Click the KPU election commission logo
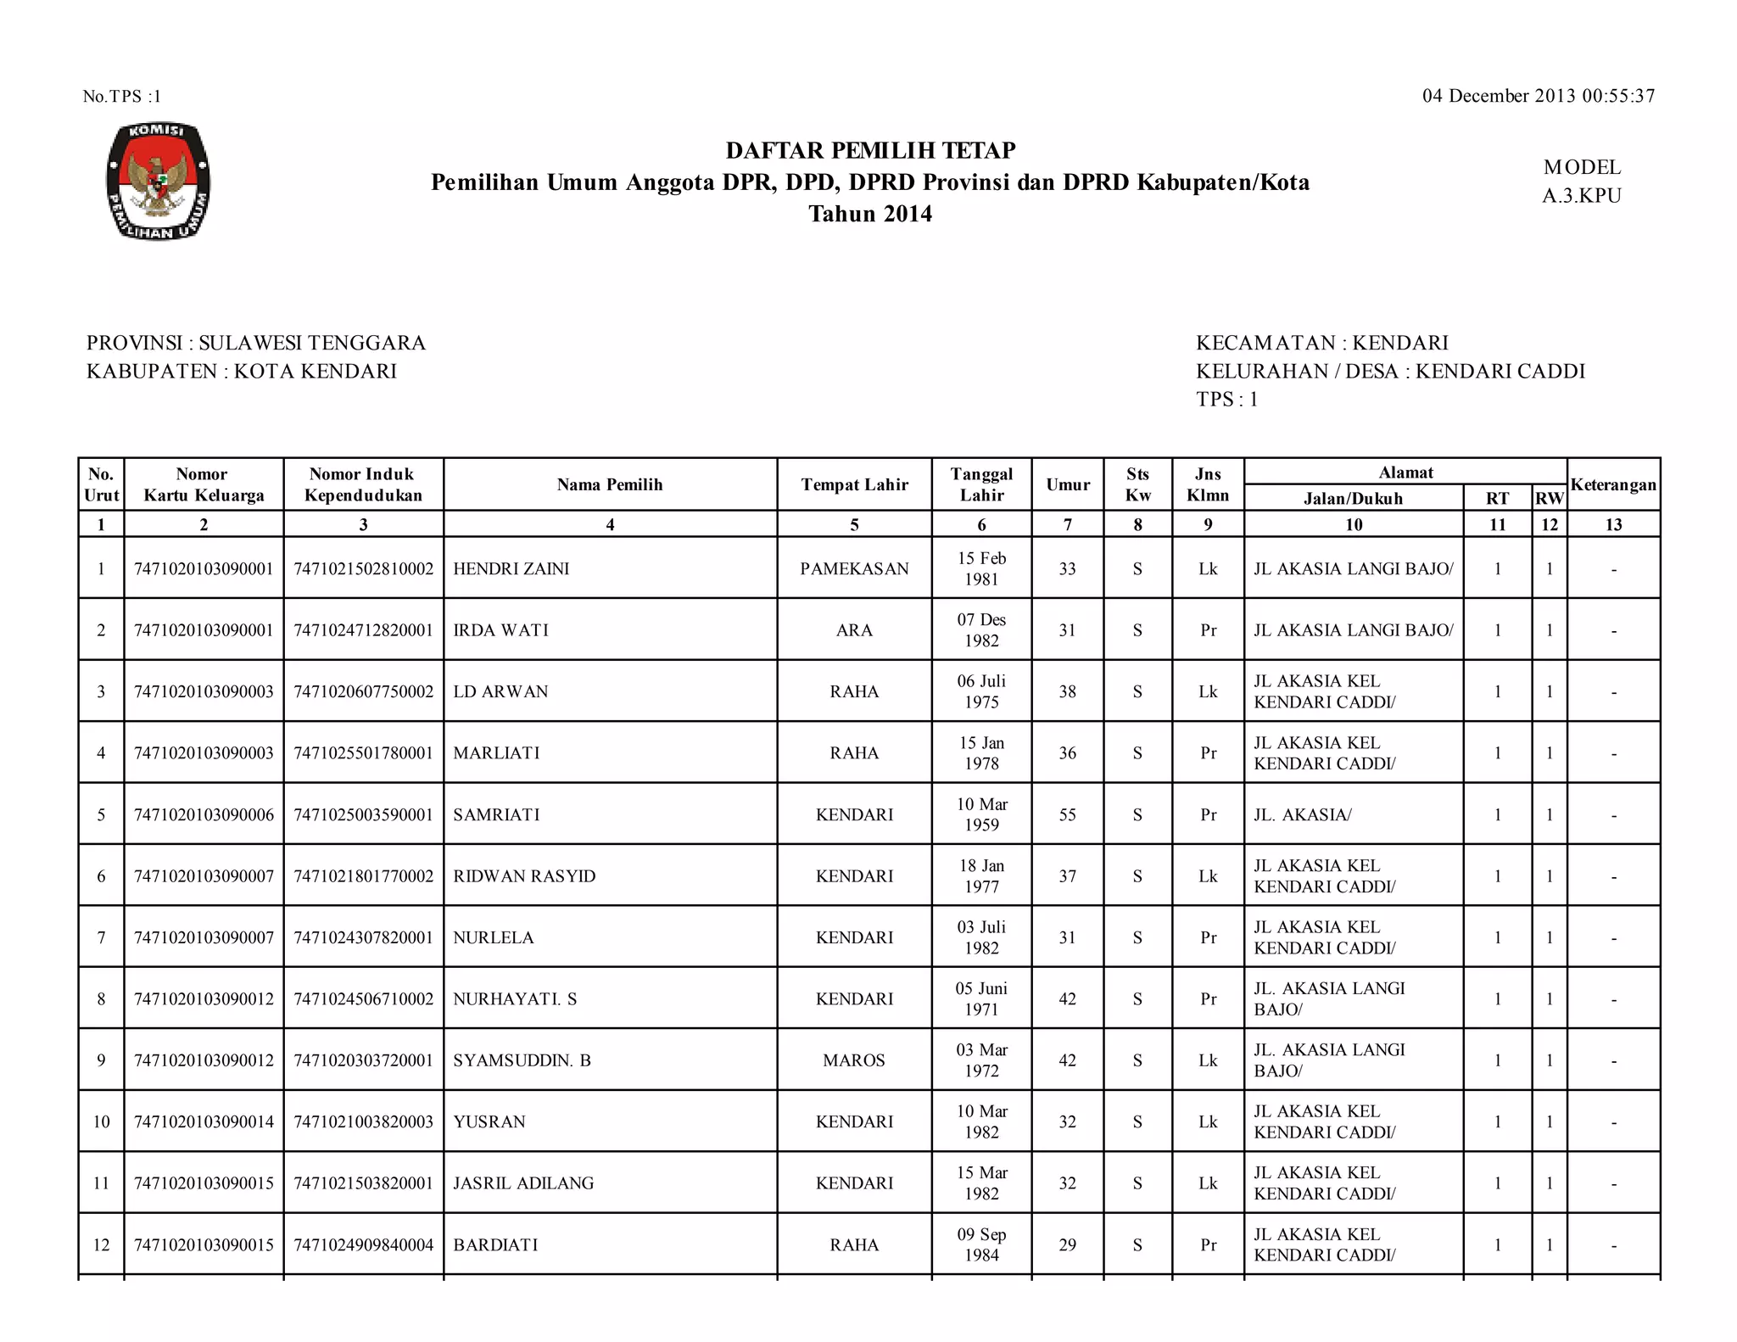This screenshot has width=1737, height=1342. tap(158, 181)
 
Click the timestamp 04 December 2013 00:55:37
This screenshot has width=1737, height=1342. tap(1538, 96)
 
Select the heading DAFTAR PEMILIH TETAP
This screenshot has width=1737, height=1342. tap(870, 150)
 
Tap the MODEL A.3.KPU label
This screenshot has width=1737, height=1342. tap(1581, 182)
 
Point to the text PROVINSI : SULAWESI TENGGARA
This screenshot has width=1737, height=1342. tap(256, 343)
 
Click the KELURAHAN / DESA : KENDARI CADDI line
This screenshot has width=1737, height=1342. tap(1390, 371)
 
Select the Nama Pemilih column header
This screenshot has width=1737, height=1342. tap(610, 484)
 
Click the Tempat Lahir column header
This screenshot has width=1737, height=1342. tap(854, 484)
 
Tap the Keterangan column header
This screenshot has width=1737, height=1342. tap(1612, 484)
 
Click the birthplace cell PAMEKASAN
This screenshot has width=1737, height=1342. tap(854, 568)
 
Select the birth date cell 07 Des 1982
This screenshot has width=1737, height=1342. tap(981, 630)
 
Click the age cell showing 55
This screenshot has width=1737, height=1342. tap(1067, 814)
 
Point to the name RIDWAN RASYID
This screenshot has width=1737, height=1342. tap(524, 876)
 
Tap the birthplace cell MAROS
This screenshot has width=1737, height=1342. tap(854, 1060)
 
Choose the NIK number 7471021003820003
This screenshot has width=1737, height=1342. tap(363, 1121)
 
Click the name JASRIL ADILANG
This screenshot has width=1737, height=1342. tap(523, 1183)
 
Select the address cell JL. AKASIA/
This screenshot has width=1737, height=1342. tap(1303, 814)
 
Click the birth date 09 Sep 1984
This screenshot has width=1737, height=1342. tap(981, 1244)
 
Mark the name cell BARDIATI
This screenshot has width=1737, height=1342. tap(495, 1244)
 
